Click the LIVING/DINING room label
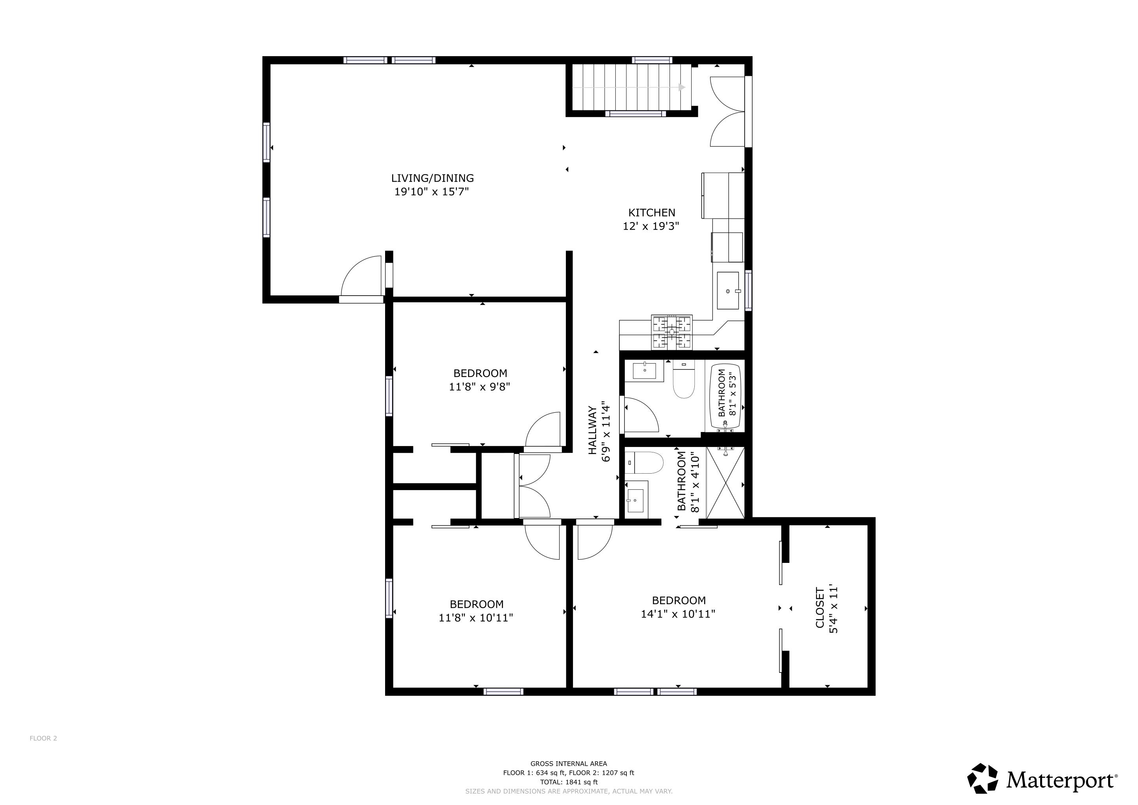[x=432, y=178]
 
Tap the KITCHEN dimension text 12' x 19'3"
[x=650, y=226]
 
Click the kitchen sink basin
[x=728, y=290]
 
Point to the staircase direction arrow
[x=682, y=88]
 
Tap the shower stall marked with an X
[x=725, y=482]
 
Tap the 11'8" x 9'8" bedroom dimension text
[x=479, y=387]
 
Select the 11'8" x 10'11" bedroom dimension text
[x=475, y=618]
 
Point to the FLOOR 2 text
[x=43, y=738]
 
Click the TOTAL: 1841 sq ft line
[x=569, y=782]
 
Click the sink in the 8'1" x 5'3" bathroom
[x=644, y=370]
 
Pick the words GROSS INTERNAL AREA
[x=569, y=764]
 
